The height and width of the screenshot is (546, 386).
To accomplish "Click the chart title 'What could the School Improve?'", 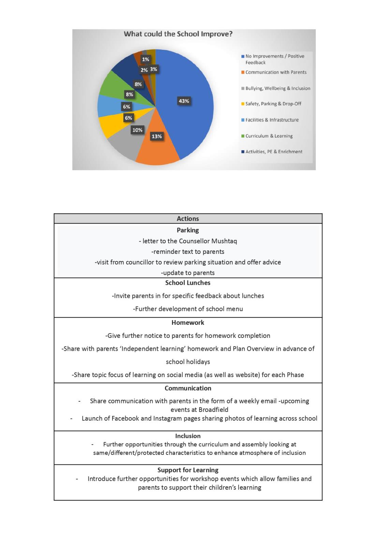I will point(178,34).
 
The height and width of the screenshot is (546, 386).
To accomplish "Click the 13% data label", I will point(157,136).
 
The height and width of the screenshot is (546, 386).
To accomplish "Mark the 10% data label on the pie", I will point(137,130).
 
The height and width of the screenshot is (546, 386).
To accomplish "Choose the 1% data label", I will point(146,59).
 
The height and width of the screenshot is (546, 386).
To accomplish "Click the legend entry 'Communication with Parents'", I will point(276,72).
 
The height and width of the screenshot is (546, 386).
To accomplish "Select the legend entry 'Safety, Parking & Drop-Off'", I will point(273,104).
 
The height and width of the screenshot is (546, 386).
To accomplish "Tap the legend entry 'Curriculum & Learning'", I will point(269,136).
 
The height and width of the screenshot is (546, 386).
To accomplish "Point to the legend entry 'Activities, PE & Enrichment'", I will point(273,152).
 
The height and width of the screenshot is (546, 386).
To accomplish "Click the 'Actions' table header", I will point(188,219).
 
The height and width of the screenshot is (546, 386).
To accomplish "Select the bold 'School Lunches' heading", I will point(188,283).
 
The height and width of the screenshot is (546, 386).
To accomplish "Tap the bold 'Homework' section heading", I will point(188,323).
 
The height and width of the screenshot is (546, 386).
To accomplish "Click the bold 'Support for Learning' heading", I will point(188,470).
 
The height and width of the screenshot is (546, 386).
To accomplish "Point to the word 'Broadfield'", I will point(213,410).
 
